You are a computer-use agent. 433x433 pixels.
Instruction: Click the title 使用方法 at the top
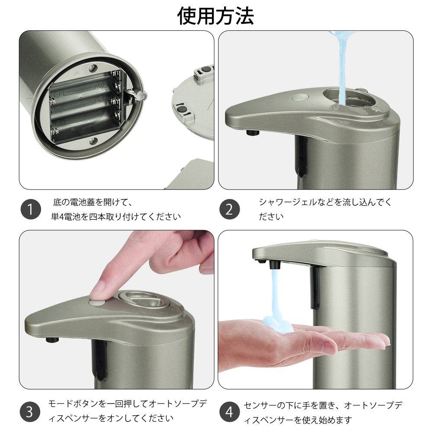coord(215,16)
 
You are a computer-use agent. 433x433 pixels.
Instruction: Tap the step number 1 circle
coord(31,209)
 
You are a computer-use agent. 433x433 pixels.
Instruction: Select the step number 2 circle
coord(230,209)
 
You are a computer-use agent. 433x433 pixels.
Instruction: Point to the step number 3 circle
coord(30,412)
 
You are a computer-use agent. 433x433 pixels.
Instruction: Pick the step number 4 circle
coord(230,412)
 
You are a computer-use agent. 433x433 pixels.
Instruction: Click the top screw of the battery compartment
coord(94,67)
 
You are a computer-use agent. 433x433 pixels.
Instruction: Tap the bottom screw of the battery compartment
coord(93,141)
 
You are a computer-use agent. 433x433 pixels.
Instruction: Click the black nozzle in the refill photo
coord(253,132)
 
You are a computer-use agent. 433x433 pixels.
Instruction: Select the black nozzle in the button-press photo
coord(52,340)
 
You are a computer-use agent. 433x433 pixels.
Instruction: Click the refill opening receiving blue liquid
coord(349,98)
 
